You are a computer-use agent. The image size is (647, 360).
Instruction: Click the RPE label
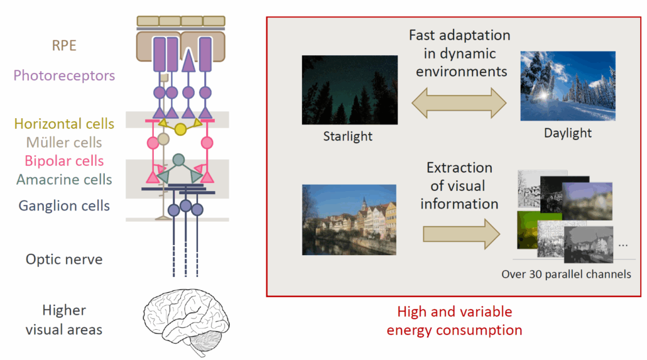[x=64, y=46]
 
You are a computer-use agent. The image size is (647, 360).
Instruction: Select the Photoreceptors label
[x=64, y=75]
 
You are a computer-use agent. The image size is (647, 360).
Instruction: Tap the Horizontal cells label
[x=64, y=124]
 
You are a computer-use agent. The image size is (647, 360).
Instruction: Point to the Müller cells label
[x=64, y=143]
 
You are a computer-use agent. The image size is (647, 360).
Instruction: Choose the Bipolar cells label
[x=64, y=161]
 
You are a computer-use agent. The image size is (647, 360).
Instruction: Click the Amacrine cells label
[x=64, y=180]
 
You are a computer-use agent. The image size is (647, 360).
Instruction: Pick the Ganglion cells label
[x=64, y=205]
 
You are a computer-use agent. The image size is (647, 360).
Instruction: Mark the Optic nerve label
[x=64, y=259]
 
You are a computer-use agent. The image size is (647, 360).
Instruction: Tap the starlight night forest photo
[x=349, y=89]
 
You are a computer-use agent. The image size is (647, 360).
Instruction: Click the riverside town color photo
[x=349, y=219]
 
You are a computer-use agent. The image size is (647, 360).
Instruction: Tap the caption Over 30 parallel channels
[x=566, y=274]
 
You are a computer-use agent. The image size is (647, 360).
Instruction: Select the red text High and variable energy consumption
[x=454, y=320]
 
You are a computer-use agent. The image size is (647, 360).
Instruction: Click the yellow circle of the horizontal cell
[x=180, y=129]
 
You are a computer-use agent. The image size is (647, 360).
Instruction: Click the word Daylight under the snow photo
[x=568, y=133]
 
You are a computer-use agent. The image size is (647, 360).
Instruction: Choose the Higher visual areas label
[x=64, y=319]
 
